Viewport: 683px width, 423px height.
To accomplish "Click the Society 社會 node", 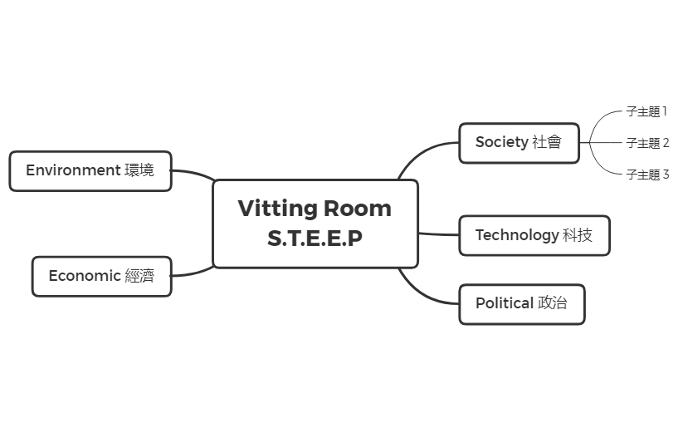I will click(519, 143).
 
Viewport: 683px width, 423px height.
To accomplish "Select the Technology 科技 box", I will click(534, 235).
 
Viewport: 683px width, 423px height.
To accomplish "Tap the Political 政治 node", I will click(521, 304).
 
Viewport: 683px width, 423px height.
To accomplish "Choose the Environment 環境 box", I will click(90, 170).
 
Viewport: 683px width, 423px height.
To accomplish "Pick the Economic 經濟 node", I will click(101, 276).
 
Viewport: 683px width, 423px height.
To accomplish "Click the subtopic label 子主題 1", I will click(646, 111).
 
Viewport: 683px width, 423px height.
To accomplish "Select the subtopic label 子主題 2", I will click(647, 143).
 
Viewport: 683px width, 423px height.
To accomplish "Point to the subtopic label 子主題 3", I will click(647, 175).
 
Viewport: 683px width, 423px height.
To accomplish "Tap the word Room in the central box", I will click(357, 208).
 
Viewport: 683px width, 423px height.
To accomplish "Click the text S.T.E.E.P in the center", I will click(315, 239).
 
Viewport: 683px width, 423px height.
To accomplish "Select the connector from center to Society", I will click(420, 154).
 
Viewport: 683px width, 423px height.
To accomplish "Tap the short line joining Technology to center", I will click(438, 234).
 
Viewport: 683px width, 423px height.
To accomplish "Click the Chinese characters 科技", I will click(578, 235).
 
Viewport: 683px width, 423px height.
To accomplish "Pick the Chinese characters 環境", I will click(139, 170).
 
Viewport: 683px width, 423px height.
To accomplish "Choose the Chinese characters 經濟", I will click(139, 276).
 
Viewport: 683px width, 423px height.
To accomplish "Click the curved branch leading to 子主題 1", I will click(604, 119).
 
